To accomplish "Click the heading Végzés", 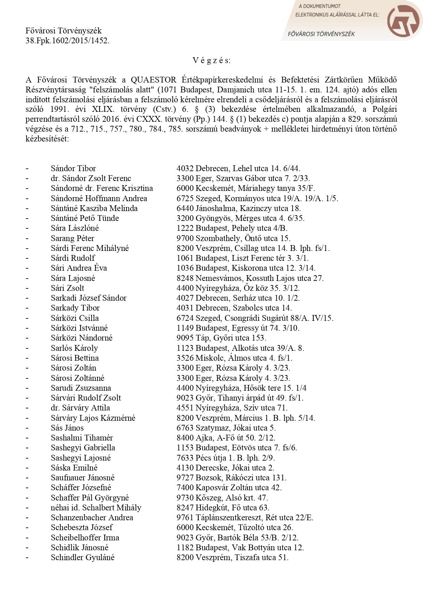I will [211, 60].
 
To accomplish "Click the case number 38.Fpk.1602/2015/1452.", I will [67, 41].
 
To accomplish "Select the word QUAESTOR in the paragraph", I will [153, 80].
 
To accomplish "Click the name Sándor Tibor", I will [73, 168].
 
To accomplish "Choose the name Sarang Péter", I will [72, 238].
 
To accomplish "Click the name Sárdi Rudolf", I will [73, 258].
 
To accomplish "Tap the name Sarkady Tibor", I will [75, 308].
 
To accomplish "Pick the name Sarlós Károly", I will [74, 348].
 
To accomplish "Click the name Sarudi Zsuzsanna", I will [81, 388].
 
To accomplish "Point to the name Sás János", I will [67, 428].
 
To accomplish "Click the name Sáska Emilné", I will [74, 468].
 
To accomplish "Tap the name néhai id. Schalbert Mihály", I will [96, 508].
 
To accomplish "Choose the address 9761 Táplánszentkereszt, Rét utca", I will [245, 518].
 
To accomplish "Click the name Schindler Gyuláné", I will [82, 557].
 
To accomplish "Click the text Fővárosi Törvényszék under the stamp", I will [321, 34].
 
